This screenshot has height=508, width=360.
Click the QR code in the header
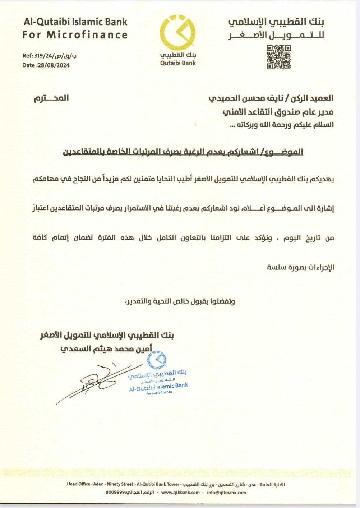tap(278, 57)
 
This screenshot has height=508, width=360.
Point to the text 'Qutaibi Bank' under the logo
tap(178, 63)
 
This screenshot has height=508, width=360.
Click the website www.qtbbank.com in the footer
tap(180, 493)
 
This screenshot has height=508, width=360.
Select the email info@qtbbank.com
tap(226, 493)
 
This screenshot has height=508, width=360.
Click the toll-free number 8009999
tap(115, 493)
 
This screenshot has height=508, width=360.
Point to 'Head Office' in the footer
tap(78, 484)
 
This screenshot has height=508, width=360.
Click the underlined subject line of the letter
tap(183, 152)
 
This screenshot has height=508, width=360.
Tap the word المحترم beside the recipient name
tap(51, 98)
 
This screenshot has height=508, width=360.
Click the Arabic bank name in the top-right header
tap(276, 23)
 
